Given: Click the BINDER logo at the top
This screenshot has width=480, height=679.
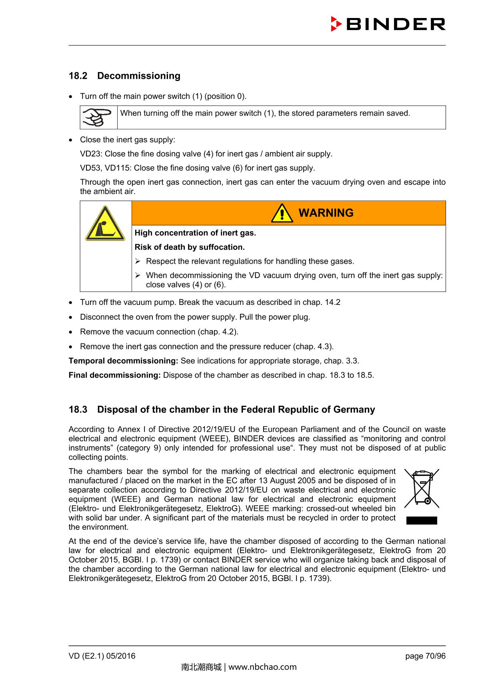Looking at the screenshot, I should [x=388, y=24].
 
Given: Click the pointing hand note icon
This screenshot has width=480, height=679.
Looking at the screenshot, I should [x=98, y=117].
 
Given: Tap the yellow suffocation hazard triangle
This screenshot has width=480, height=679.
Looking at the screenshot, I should [x=105, y=224].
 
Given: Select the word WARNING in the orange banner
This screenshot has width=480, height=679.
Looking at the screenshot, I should [x=326, y=213].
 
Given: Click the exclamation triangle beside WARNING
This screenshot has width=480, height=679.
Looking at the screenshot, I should [x=282, y=213].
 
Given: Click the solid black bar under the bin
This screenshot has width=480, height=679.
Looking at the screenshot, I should [x=422, y=520].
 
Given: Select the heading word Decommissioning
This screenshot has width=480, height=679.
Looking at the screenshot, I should [x=139, y=76].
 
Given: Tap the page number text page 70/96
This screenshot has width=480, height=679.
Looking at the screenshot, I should [x=425, y=656].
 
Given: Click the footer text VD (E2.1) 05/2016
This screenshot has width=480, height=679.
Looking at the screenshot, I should [x=102, y=656].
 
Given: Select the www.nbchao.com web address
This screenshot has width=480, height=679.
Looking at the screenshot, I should [x=262, y=667].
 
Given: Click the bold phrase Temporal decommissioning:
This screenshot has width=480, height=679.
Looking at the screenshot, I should [x=123, y=361].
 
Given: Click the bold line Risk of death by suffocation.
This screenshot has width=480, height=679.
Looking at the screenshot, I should [x=190, y=247].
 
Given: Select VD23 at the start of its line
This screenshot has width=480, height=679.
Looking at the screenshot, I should [x=91, y=154].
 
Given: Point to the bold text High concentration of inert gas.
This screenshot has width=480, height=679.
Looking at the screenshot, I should [x=195, y=233].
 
